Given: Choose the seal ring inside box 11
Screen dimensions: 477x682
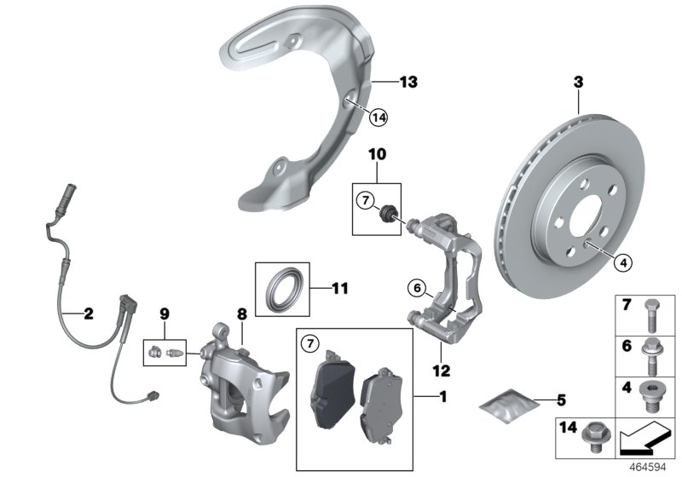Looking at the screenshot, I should pyautogui.click(x=283, y=289).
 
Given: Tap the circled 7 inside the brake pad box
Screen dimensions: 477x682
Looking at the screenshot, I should pyautogui.click(x=309, y=344).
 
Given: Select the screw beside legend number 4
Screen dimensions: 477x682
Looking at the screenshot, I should pyautogui.click(x=652, y=393).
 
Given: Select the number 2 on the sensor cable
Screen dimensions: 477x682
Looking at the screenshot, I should pyautogui.click(x=87, y=313).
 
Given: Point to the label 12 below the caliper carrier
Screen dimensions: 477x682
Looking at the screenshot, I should pyautogui.click(x=440, y=371).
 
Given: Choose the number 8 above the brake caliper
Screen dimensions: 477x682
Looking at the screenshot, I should pyautogui.click(x=241, y=314).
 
